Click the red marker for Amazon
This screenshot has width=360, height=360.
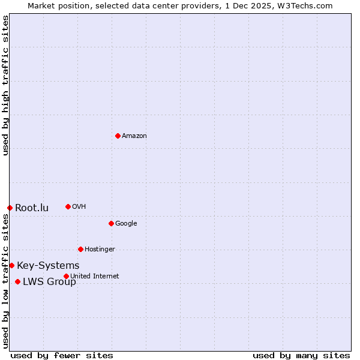click(x=118, y=136)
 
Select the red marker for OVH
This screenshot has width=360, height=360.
click(x=68, y=206)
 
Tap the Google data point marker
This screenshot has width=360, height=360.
click(x=111, y=223)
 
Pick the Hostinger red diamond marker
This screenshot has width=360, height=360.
click(x=80, y=249)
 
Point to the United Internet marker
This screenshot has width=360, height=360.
click(x=66, y=276)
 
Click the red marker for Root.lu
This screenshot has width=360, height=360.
click(x=10, y=208)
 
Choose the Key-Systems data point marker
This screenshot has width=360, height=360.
click(x=11, y=265)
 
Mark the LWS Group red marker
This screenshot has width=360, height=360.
click(x=17, y=281)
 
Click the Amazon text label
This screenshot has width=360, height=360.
click(x=134, y=136)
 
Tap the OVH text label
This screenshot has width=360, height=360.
click(x=79, y=207)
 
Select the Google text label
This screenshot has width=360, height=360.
click(x=126, y=224)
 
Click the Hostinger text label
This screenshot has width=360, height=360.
click(x=100, y=250)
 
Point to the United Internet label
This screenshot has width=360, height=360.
click(x=95, y=277)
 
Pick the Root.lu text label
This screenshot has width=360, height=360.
click(x=32, y=208)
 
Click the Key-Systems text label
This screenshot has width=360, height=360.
click(x=48, y=266)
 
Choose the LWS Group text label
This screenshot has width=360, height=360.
click(x=49, y=282)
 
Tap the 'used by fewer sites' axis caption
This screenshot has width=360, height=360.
click(x=62, y=355)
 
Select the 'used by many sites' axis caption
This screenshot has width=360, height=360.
click(x=301, y=355)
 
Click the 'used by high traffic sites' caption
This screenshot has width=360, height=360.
click(x=5, y=85)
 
